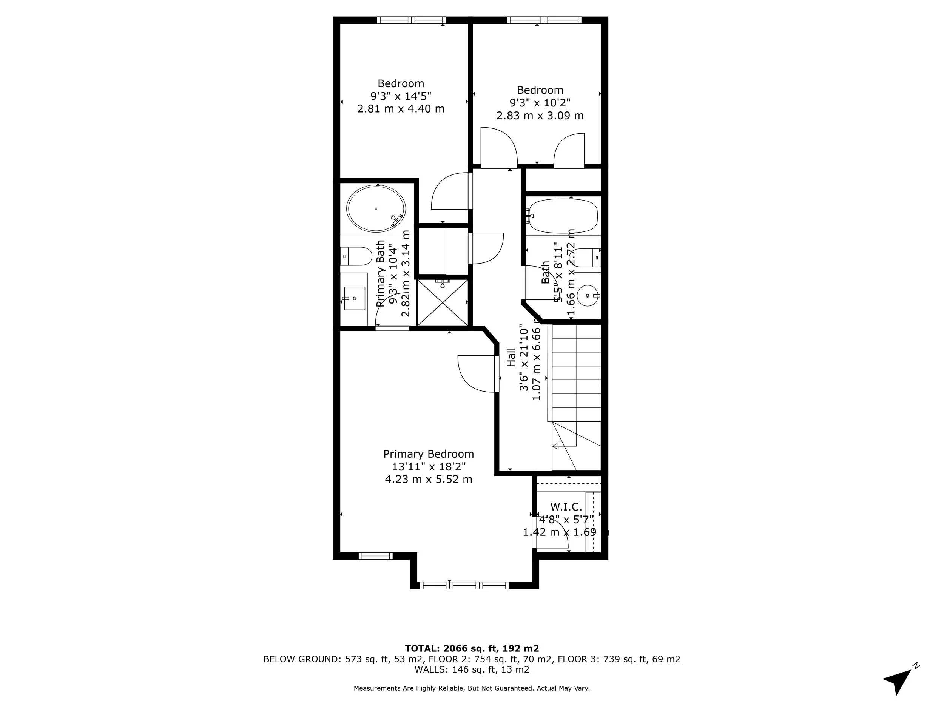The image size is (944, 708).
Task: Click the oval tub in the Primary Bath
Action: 376,209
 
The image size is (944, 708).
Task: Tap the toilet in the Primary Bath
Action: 356,256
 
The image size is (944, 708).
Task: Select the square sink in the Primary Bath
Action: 354,298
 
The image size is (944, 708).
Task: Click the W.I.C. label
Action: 566,507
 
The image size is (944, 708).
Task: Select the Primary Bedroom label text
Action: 429,453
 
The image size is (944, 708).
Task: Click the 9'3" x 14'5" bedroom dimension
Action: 401,96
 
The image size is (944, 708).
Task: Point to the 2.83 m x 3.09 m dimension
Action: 540,116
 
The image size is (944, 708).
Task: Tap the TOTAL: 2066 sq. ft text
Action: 472,648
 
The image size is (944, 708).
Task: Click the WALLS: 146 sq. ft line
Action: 472,669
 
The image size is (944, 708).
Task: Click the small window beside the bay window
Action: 375,556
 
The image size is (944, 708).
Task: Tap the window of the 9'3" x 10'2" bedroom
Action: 544,20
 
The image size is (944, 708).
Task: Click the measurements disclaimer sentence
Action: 472,688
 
